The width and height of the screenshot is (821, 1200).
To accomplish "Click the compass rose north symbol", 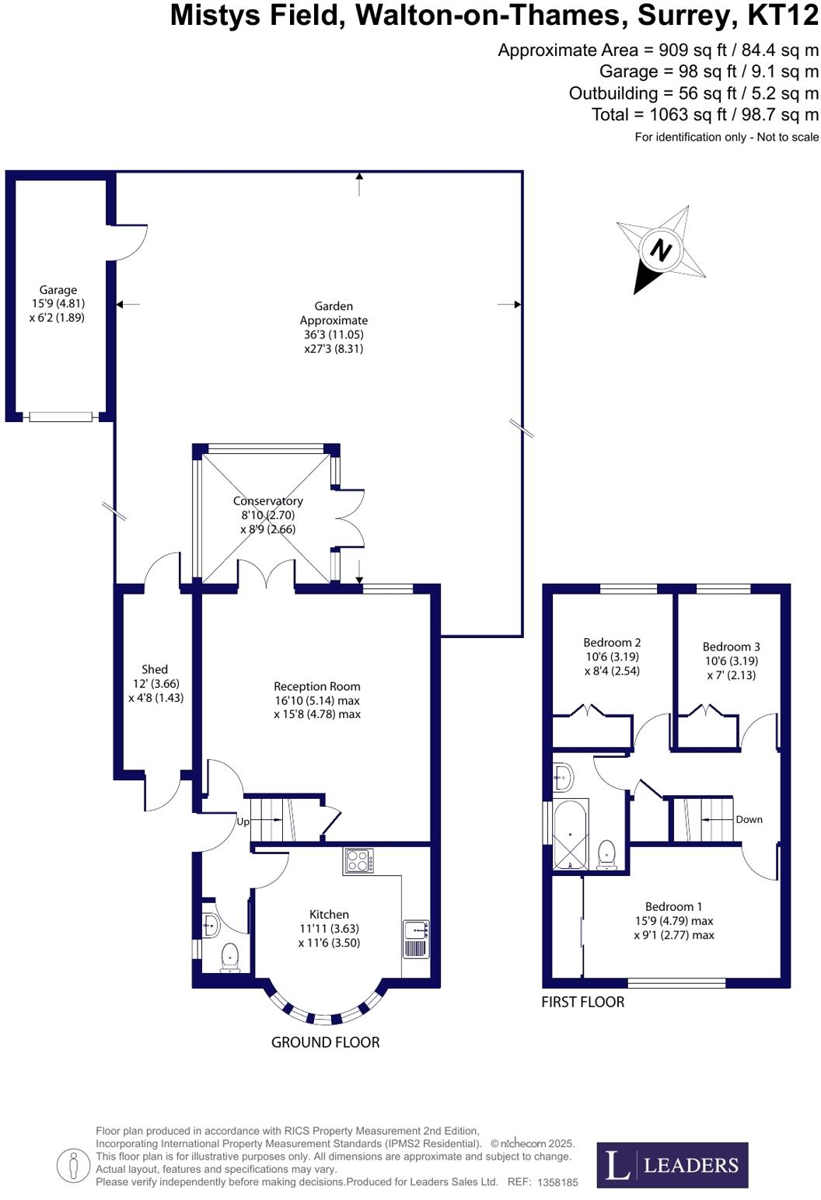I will pyautogui.click(x=661, y=250).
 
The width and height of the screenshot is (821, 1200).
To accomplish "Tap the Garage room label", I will pyautogui.click(x=58, y=290).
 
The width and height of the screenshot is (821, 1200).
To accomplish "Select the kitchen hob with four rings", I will pyautogui.click(x=358, y=861).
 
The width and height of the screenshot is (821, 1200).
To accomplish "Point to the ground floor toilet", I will pyautogui.click(x=230, y=958).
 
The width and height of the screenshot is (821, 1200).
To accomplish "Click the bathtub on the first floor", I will pyautogui.click(x=570, y=834).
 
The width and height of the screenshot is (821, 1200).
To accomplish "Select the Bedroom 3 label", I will pyautogui.click(x=731, y=647).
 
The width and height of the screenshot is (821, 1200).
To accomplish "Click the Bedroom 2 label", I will pyautogui.click(x=612, y=642).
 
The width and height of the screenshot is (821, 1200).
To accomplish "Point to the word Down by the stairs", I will pyautogui.click(x=749, y=819).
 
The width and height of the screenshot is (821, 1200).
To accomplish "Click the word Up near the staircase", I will pyautogui.click(x=243, y=822).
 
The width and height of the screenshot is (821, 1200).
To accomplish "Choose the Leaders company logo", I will pyautogui.click(x=673, y=1165).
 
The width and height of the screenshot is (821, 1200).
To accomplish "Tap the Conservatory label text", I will pyautogui.click(x=267, y=501).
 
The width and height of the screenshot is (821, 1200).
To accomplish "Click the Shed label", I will pyautogui.click(x=154, y=669).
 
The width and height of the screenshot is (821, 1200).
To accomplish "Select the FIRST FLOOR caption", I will pyautogui.click(x=582, y=1002).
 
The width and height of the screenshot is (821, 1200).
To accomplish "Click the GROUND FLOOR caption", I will pyautogui.click(x=325, y=1042).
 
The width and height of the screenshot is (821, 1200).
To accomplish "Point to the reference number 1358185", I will pyautogui.click(x=557, y=1182).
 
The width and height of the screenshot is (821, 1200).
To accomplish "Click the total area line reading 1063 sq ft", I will pyautogui.click(x=704, y=115).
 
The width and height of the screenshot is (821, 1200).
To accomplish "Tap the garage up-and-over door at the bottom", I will pyautogui.click(x=60, y=417).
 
